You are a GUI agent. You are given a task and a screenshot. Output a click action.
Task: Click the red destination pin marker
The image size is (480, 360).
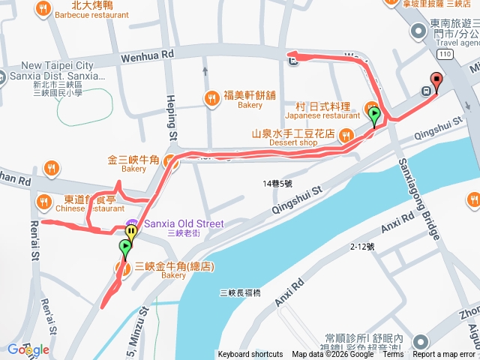pos(436,81)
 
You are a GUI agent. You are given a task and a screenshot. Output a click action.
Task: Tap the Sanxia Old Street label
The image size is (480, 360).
pos(184,223)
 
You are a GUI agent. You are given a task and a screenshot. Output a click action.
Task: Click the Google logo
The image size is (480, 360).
pos(28,349)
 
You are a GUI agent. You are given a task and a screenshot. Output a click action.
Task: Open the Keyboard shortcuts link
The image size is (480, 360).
pos(250,355)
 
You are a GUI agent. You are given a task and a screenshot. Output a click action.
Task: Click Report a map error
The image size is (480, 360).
pos(444,355)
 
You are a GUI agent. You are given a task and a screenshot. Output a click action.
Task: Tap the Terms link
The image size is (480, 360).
pos(392,355)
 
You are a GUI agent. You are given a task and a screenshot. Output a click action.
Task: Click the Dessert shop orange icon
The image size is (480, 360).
pos(345,135)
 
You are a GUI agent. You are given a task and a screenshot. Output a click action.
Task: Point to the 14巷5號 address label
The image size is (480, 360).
pos(278,183)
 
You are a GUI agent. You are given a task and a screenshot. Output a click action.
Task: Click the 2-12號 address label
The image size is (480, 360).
pos(362,246)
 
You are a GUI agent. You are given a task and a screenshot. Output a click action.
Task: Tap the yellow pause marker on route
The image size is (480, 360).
pos(131,232)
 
